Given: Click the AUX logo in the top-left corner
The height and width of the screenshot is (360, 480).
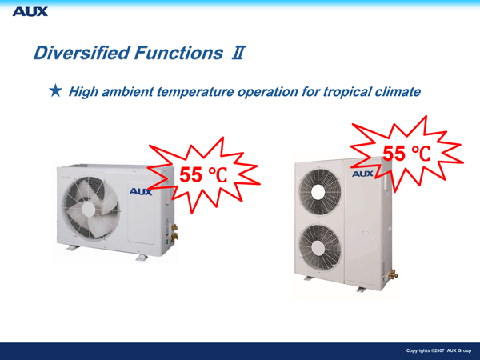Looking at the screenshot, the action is coord(30,12).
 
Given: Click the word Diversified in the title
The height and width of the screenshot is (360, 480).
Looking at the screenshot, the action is coord(82,53).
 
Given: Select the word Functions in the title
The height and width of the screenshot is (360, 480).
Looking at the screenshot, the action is coord(178,53).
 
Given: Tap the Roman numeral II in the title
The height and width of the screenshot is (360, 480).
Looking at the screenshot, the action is coord(238,53).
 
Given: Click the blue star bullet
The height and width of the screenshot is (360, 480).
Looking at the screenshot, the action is coord(55,91).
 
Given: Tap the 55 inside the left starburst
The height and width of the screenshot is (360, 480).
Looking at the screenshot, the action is coord(190,175).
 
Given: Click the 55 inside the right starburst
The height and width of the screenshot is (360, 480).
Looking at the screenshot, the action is coord(394,154).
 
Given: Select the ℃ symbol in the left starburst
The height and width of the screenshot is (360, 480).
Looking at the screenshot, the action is coord(218,175).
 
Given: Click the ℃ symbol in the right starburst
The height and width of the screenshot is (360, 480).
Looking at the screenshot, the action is coord(421,154).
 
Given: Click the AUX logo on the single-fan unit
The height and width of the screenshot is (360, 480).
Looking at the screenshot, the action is coord(141,192).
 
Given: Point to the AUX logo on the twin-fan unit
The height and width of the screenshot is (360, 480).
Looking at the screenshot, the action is coord(362,174).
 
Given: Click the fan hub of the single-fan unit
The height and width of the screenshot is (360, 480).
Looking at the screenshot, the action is coord(89,209).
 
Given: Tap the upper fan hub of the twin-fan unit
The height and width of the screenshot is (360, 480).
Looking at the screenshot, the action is coord(318,192).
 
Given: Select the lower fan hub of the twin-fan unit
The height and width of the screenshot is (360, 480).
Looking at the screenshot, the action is coord(318,247).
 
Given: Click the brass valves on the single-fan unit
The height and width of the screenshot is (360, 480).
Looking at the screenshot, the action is coord(174,233).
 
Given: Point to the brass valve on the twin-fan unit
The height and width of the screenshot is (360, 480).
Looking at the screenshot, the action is coord(393,274).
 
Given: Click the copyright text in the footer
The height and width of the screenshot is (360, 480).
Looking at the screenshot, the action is coord(438,350).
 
